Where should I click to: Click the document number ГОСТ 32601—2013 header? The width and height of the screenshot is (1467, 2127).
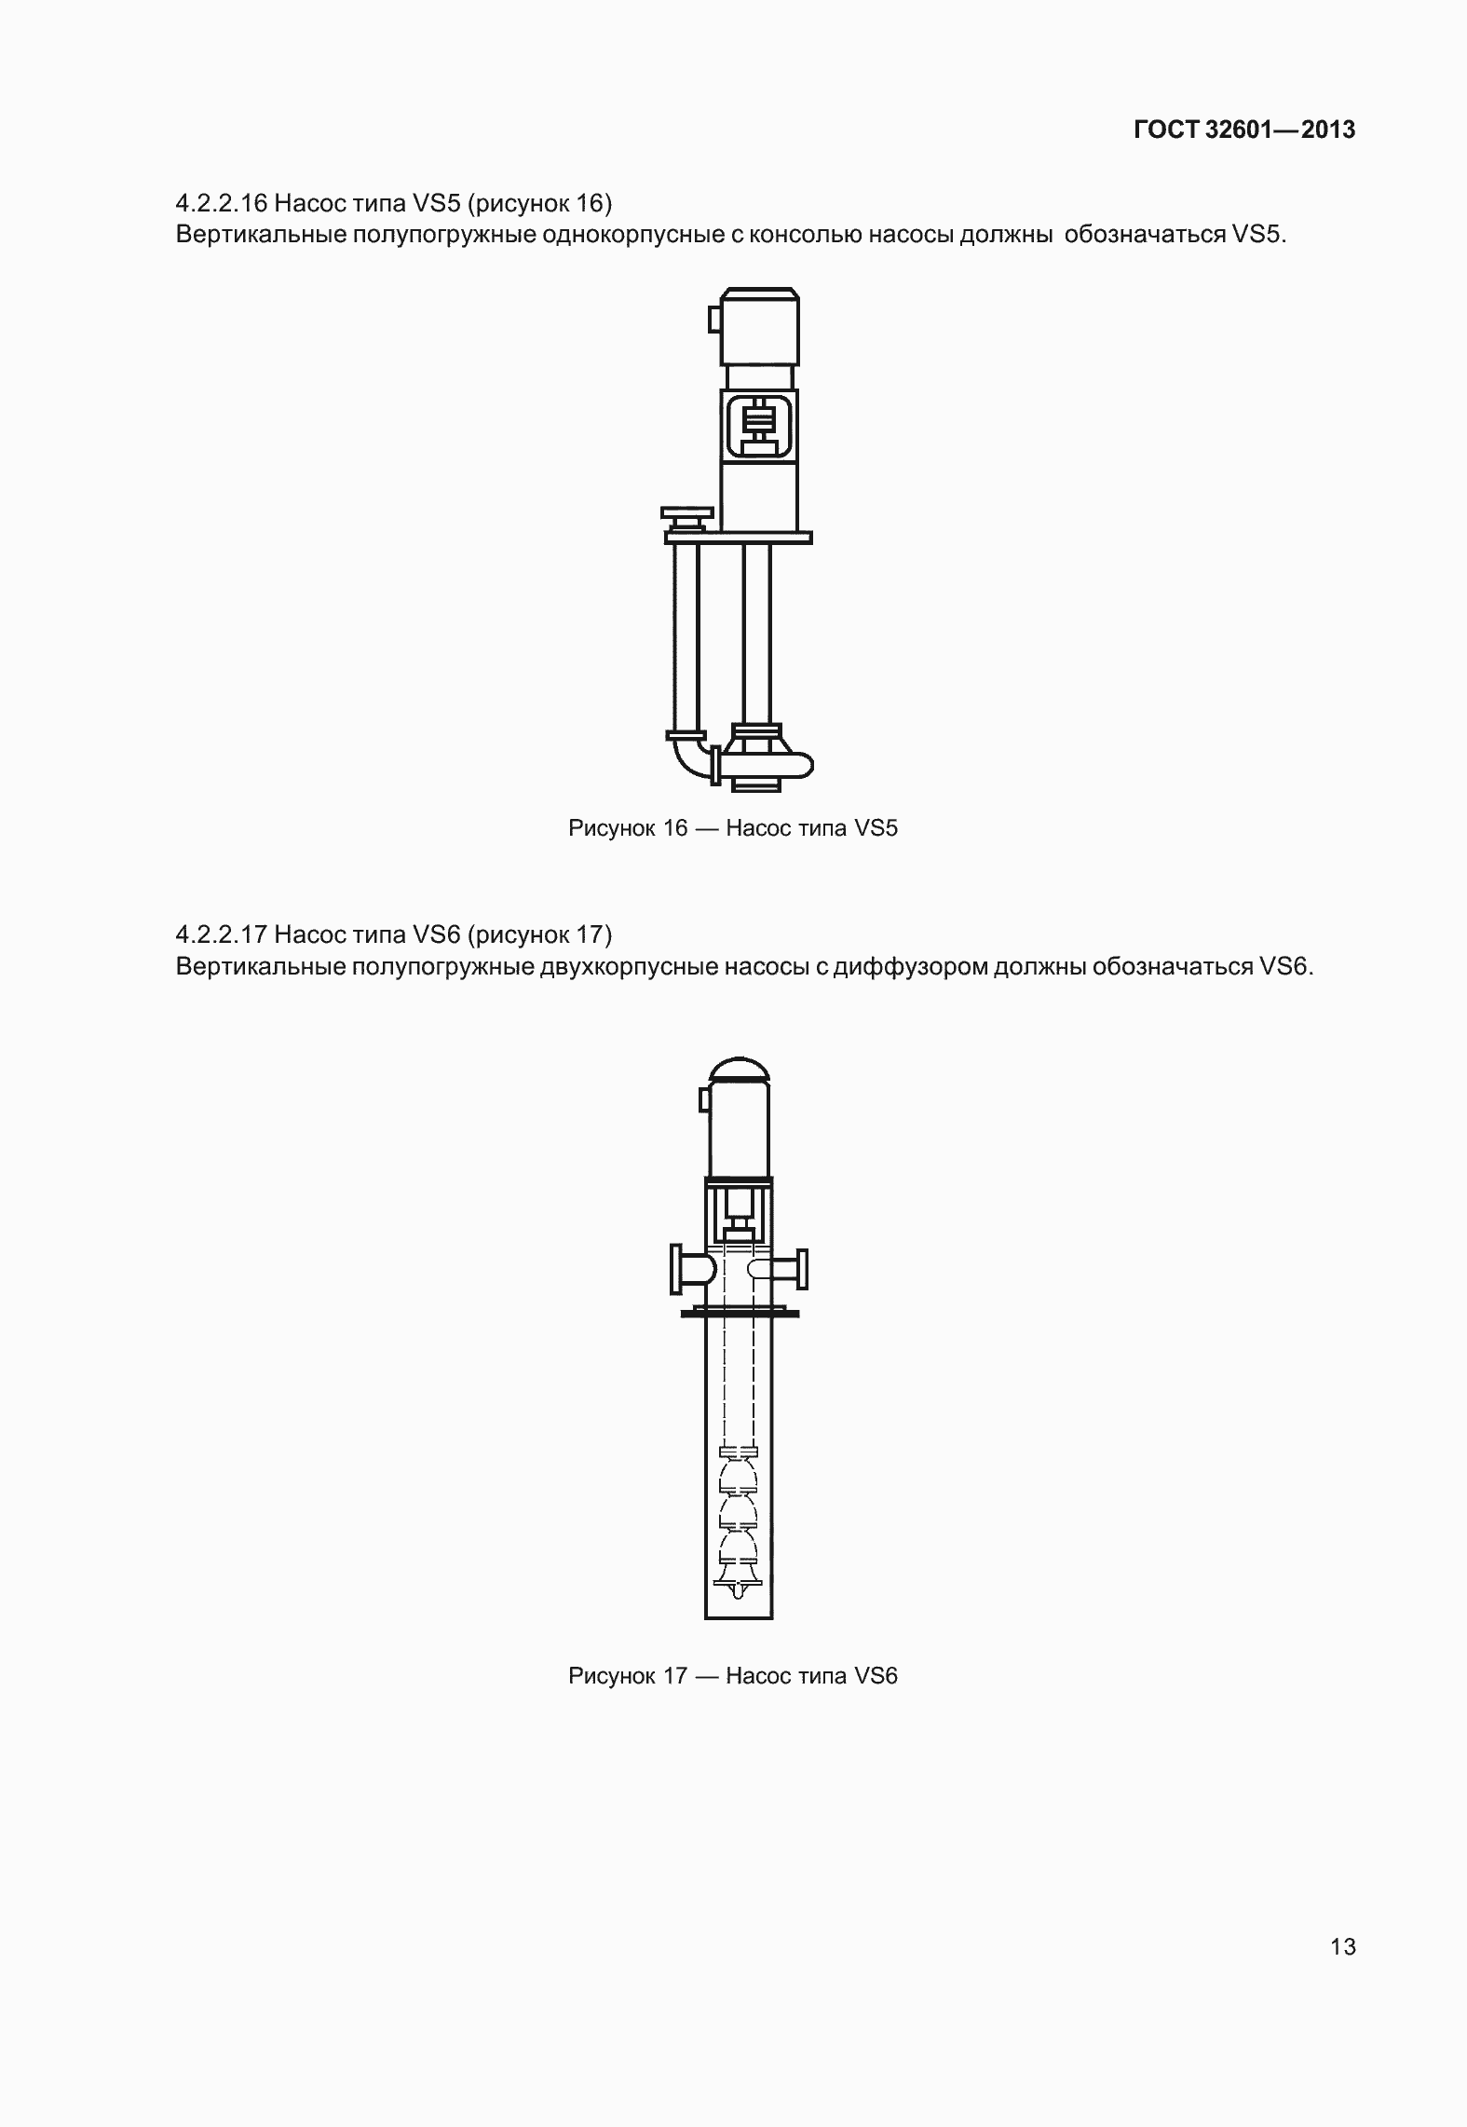click(1244, 130)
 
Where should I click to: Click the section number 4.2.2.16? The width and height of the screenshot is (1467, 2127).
click(221, 202)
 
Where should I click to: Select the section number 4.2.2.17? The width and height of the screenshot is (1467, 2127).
click(221, 934)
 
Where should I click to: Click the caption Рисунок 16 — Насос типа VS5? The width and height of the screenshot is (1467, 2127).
click(733, 827)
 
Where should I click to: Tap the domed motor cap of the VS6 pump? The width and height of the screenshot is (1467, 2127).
click(740, 1070)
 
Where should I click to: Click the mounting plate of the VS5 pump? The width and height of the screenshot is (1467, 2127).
click(738, 538)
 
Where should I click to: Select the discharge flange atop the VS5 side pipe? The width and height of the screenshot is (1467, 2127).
click(687, 513)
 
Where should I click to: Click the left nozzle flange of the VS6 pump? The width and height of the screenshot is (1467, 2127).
click(675, 1269)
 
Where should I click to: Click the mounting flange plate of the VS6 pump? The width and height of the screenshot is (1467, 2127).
click(740, 1314)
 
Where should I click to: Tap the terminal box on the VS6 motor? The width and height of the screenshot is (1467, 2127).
click(704, 1099)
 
